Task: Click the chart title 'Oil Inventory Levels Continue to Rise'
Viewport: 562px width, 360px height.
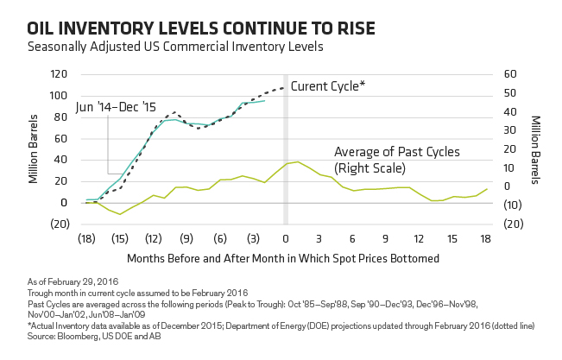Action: (x=201, y=28)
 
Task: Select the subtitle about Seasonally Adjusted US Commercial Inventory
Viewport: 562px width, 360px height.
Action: (x=175, y=47)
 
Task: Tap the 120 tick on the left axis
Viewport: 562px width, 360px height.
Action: (x=59, y=74)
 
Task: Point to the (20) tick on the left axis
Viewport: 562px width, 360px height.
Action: (x=60, y=224)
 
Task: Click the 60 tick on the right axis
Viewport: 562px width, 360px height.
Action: (x=510, y=74)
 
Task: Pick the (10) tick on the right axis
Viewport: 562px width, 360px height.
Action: (x=514, y=205)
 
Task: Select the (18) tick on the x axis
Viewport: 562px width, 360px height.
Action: (x=86, y=239)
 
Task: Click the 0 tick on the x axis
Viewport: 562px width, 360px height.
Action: (x=285, y=239)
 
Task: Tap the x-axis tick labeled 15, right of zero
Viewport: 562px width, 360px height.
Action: (x=452, y=239)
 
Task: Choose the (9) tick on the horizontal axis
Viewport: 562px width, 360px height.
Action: (x=186, y=239)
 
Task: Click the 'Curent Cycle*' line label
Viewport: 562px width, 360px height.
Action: (x=327, y=86)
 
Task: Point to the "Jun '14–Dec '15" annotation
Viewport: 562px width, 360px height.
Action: (x=116, y=107)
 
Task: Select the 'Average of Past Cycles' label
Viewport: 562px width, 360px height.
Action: (x=397, y=152)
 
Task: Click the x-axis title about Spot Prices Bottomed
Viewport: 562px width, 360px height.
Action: (x=283, y=258)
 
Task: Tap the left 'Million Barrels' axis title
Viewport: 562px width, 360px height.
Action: (x=34, y=148)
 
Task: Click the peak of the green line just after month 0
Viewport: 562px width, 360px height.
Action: (x=298, y=161)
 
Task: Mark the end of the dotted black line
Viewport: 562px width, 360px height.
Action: (x=284, y=87)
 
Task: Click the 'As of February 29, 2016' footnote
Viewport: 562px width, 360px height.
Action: (x=73, y=282)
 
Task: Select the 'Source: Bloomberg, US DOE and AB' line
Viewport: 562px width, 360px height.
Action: (x=94, y=337)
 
